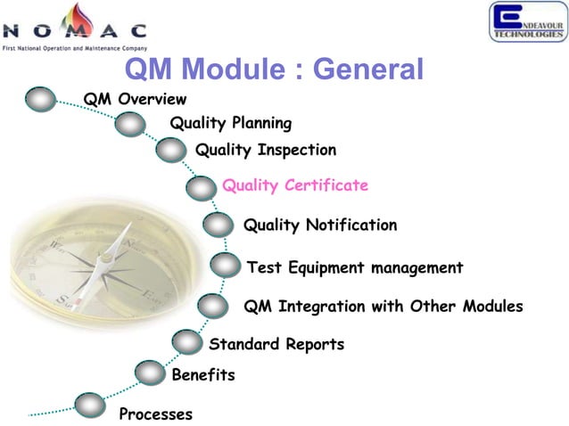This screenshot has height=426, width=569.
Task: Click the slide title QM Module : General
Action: tap(273, 70)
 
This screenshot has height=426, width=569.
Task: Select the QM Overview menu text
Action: tap(135, 99)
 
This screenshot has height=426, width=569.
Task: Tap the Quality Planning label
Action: tap(230, 123)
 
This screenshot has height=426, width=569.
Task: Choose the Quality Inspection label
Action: tap(265, 150)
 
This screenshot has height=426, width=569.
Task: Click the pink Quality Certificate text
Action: tap(294, 185)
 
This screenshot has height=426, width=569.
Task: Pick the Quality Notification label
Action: tap(319, 225)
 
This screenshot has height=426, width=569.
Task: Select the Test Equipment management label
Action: tap(354, 267)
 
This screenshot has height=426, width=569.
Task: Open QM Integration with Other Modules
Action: tap(383, 307)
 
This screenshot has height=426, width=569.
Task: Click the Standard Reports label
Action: tap(276, 344)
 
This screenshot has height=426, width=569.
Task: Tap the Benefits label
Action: tap(202, 375)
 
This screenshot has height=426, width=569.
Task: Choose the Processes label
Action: tap(155, 414)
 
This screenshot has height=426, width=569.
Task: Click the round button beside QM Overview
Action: tap(41, 99)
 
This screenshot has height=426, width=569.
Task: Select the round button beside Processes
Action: tap(90, 405)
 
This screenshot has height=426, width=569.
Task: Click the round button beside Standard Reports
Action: tap(186, 341)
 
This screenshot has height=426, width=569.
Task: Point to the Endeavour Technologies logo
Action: tap(526, 22)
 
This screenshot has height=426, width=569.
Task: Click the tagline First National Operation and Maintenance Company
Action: tap(75, 46)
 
